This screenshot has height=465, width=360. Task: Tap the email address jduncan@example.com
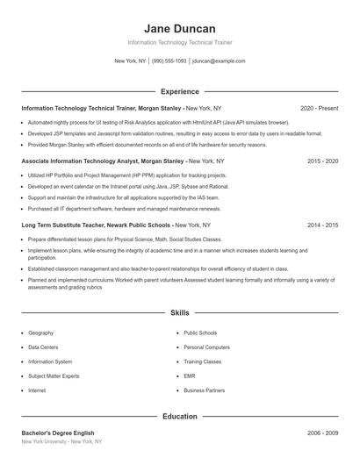219,61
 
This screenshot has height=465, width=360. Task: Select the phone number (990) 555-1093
169,61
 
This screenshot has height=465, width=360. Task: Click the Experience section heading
179,91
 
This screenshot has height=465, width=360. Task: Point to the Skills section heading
179,312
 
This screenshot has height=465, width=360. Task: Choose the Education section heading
179,417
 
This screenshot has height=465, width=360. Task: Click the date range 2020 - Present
319,108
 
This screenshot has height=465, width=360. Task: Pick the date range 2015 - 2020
322,161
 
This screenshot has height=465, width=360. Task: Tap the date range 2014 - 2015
322,225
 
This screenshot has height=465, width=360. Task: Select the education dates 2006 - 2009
322,433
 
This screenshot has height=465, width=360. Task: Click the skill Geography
41,333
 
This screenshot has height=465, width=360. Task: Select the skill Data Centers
44,347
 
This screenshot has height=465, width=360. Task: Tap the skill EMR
191,376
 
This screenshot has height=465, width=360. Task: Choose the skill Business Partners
205,390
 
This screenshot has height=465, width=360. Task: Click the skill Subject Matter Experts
55,376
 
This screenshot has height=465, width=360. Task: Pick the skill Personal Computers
207,347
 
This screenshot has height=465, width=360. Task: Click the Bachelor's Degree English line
58,433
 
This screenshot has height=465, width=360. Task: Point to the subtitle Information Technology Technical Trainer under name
179,42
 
